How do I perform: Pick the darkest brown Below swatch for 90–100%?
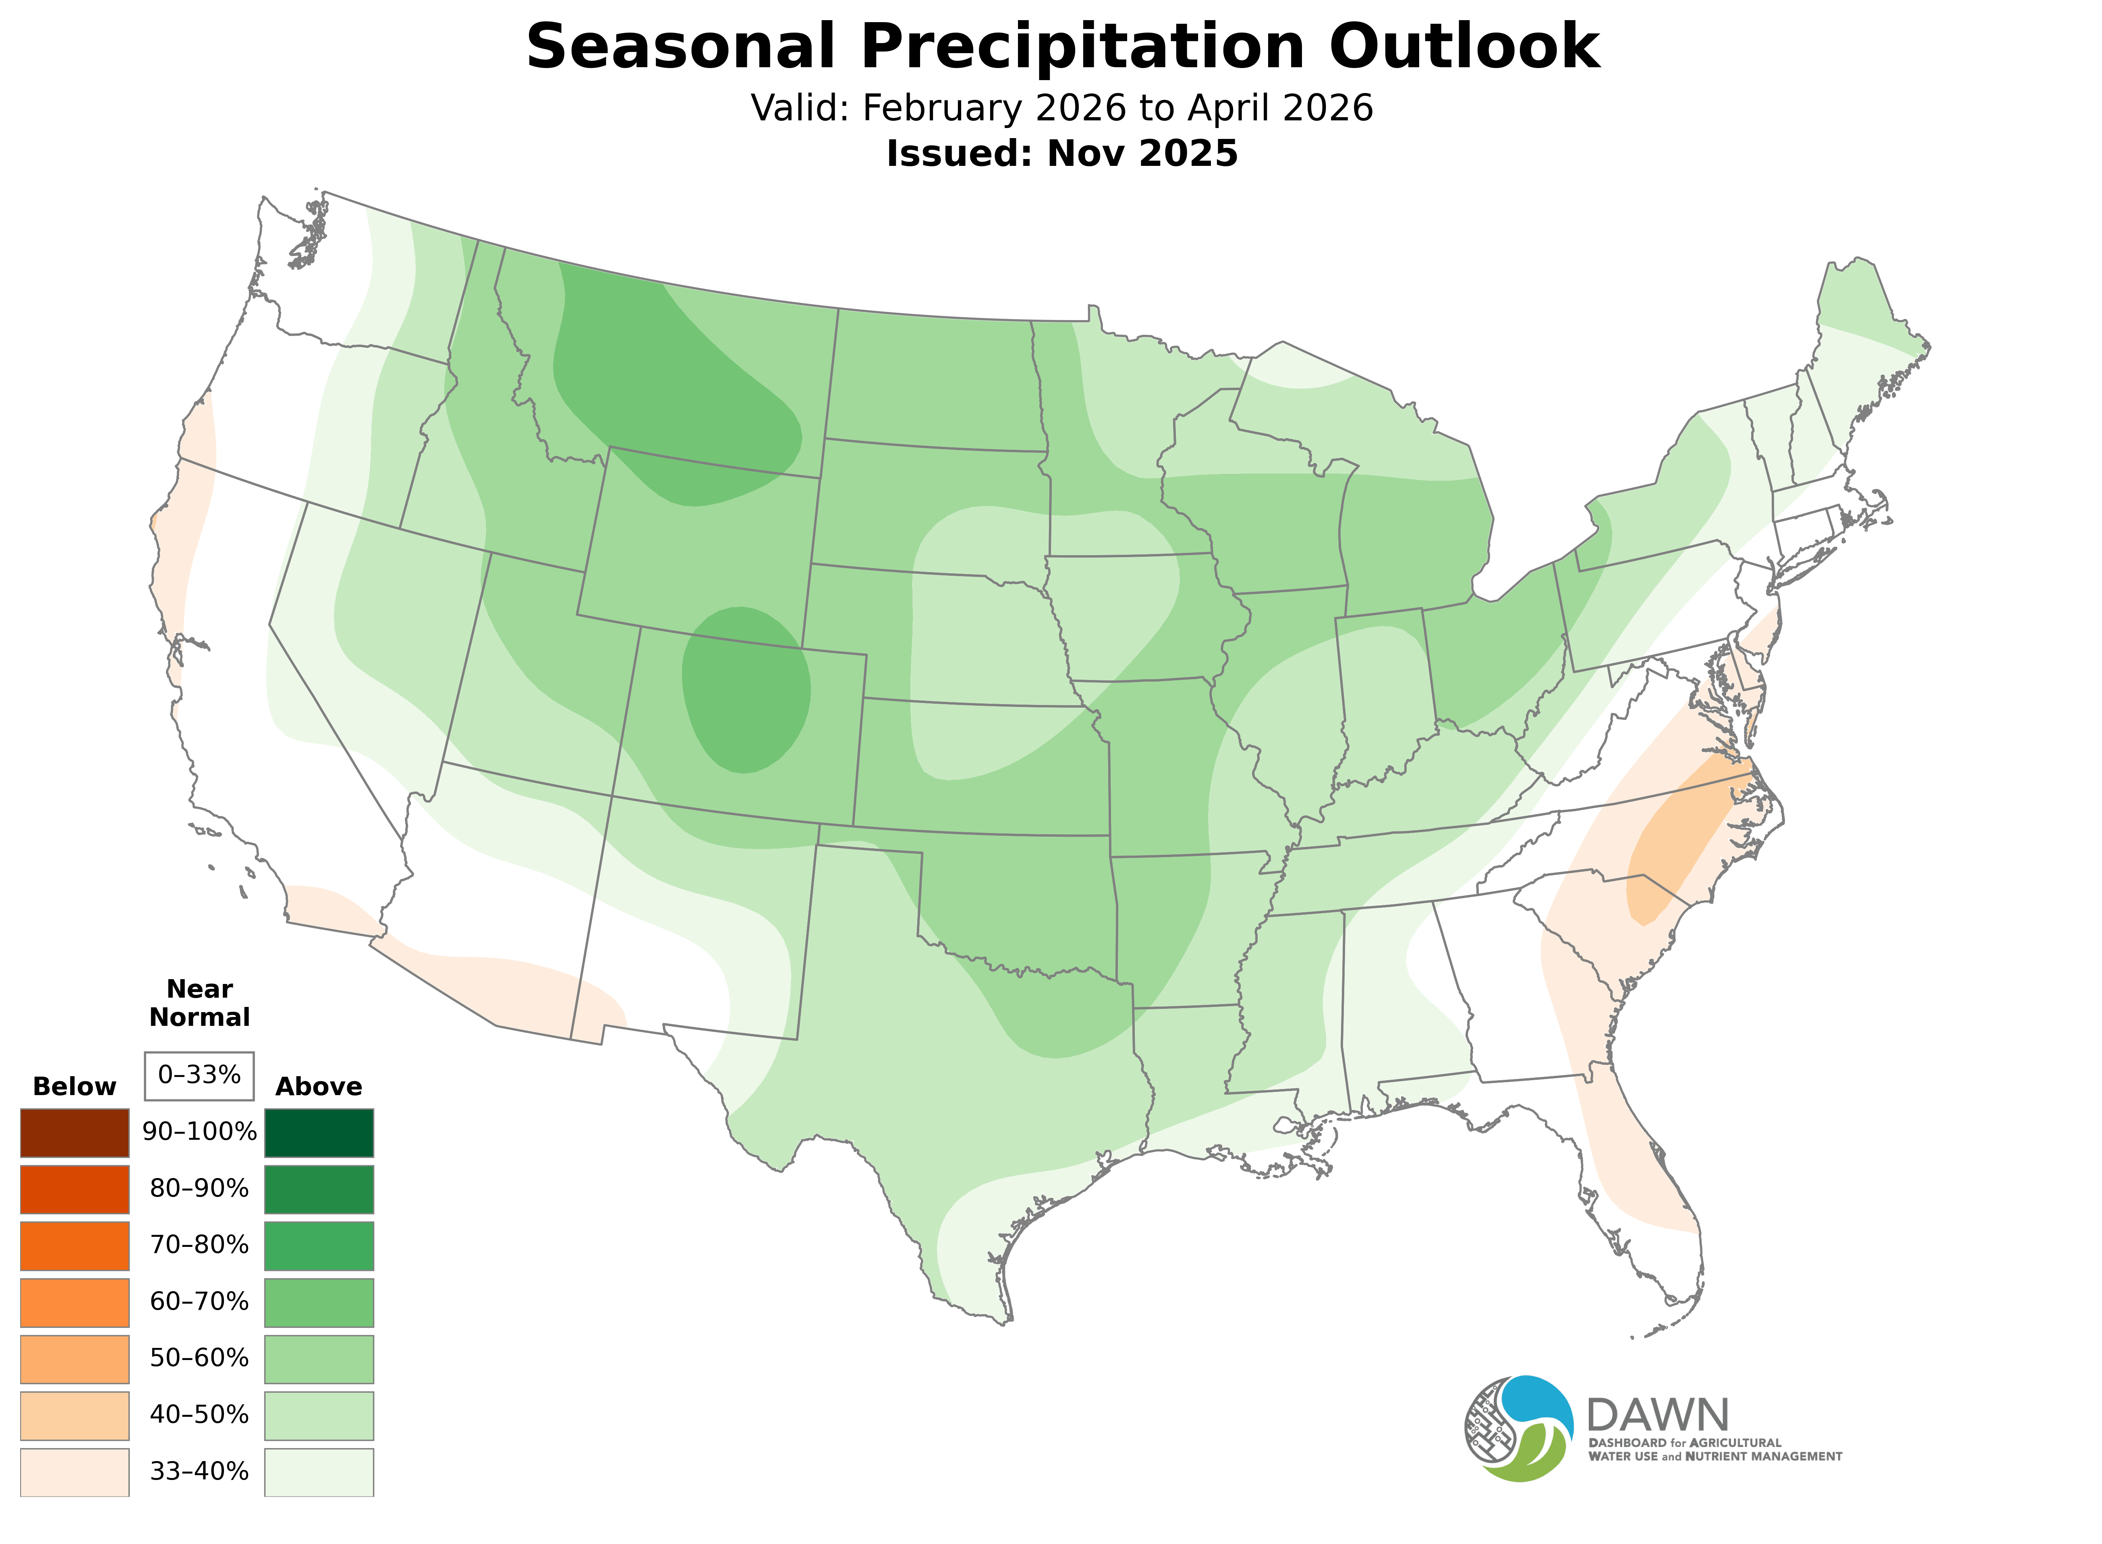75,1133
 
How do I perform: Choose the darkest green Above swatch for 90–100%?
319,1133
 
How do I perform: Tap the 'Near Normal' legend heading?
199,1003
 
